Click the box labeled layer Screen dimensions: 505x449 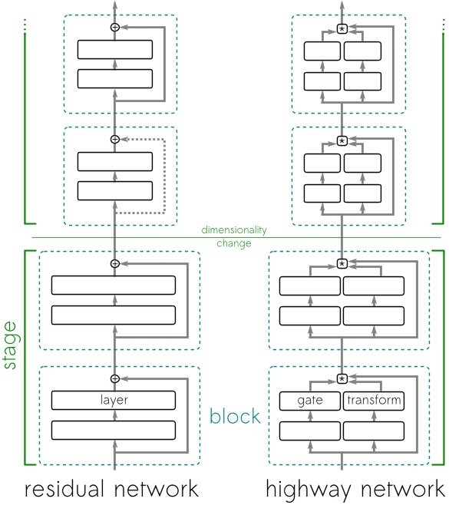[x=114, y=401]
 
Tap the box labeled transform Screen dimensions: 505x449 [x=374, y=401]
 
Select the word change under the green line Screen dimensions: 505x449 [x=234, y=243]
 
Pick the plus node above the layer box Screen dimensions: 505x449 [x=115, y=378]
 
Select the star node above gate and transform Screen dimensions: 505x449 [x=342, y=378]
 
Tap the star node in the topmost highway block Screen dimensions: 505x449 [x=342, y=29]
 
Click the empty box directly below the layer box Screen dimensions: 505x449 [x=114, y=430]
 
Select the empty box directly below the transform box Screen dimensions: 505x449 [x=374, y=430]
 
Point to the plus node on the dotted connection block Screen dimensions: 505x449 [x=115, y=139]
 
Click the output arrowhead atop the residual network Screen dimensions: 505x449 [x=115, y=5]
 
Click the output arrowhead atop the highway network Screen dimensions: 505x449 [x=342, y=5]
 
